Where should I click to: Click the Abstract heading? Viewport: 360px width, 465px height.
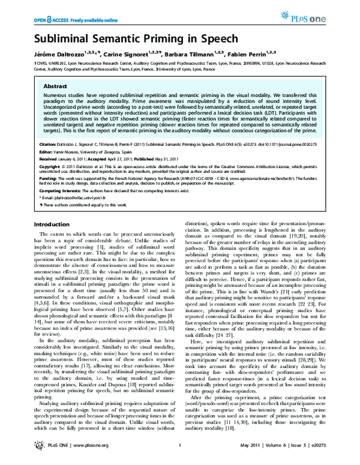[x=55, y=86]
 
